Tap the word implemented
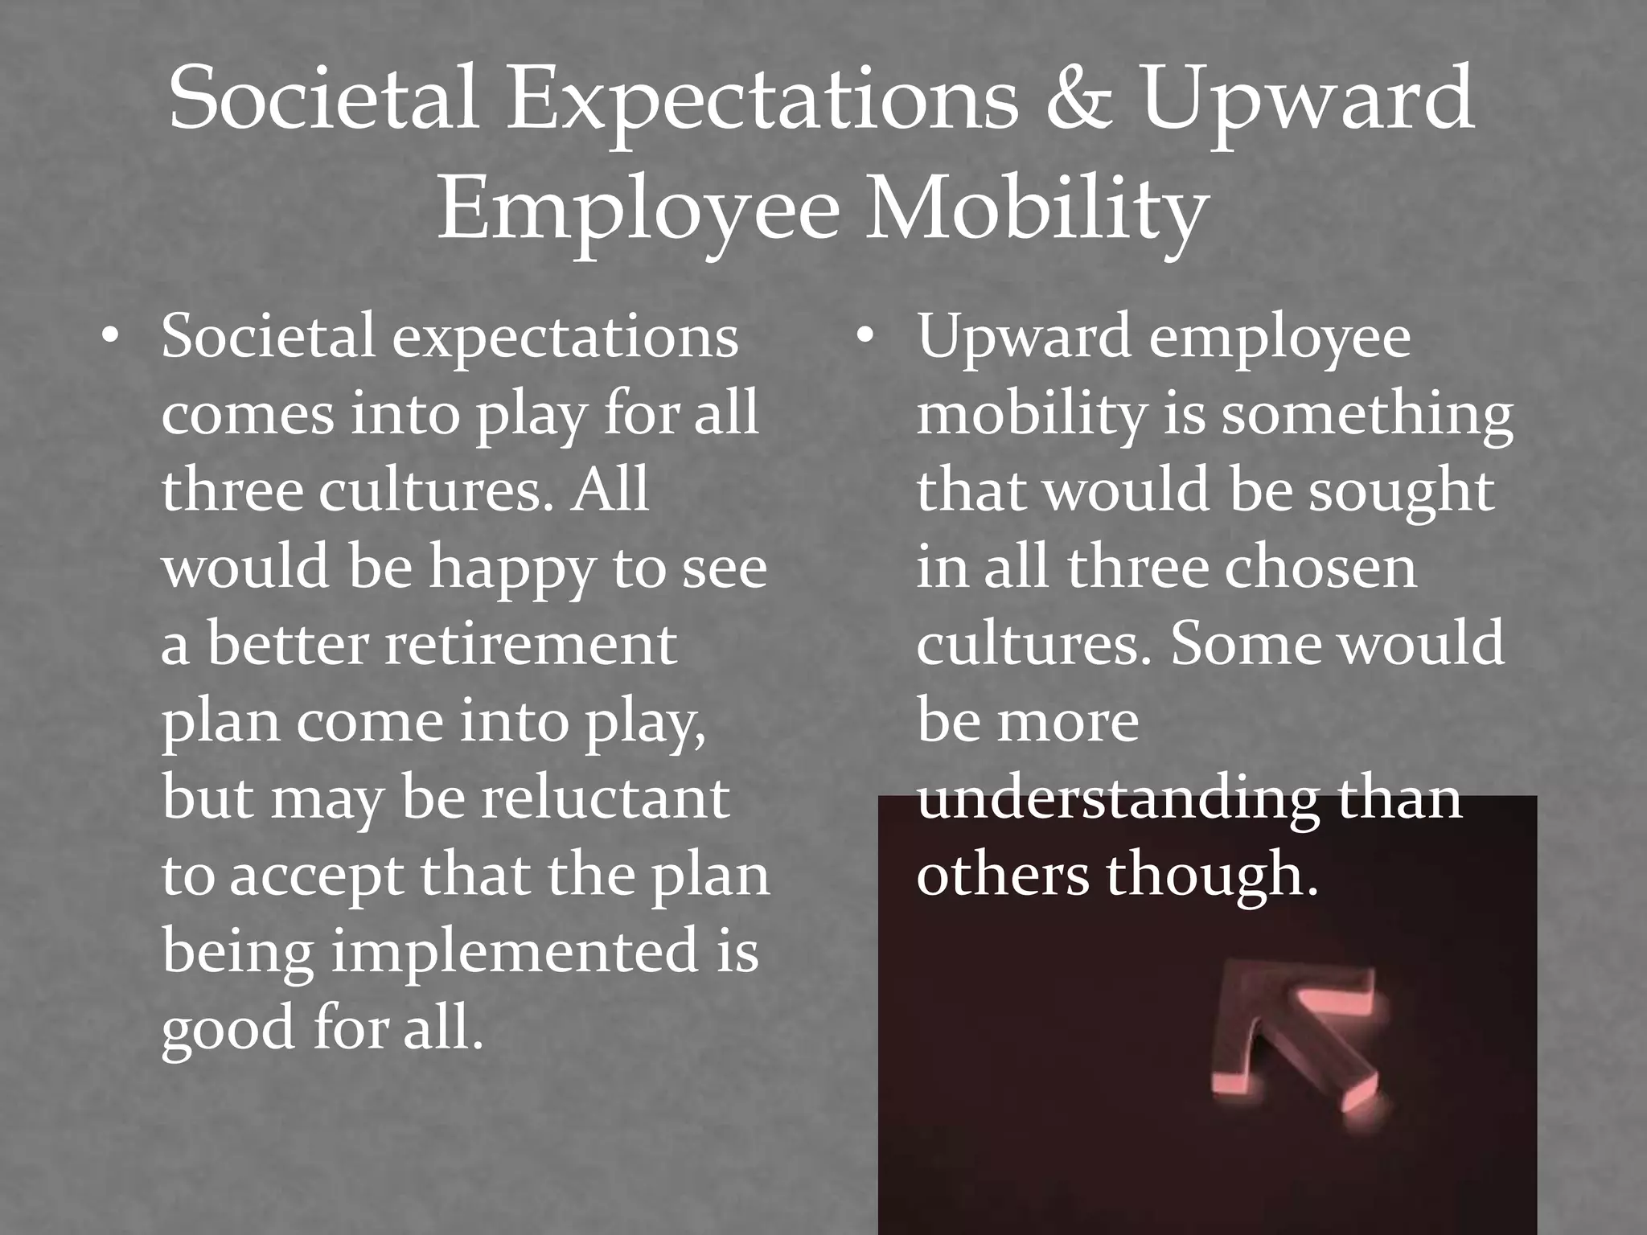(x=515, y=950)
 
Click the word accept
(x=316, y=876)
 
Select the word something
(x=1367, y=415)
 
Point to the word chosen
(x=1320, y=568)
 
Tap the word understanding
(x=1117, y=799)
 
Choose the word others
(x=1002, y=875)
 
